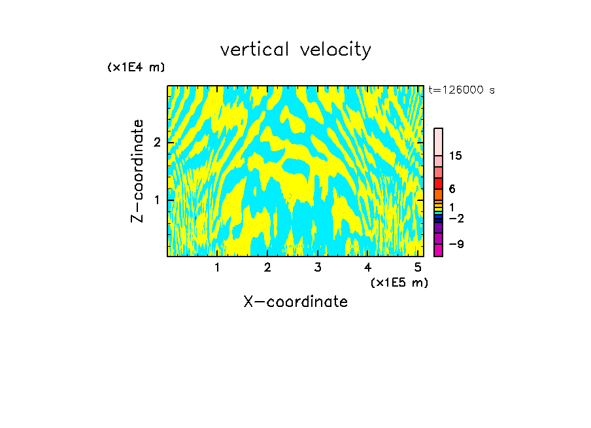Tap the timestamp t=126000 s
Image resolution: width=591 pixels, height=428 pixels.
(x=461, y=90)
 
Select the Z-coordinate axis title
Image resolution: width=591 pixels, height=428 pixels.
(x=137, y=171)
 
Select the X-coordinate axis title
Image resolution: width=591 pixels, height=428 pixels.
(x=295, y=302)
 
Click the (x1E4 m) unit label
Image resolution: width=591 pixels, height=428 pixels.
(x=136, y=67)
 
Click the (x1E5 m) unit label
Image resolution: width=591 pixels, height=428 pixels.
(x=399, y=282)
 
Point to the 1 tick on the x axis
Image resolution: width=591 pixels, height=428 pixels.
(x=217, y=268)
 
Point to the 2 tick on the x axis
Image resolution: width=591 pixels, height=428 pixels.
(x=267, y=268)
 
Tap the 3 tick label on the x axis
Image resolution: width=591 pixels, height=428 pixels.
(x=318, y=268)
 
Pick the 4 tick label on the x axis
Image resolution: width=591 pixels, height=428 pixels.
(x=367, y=268)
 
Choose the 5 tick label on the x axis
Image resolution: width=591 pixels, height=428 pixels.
(x=418, y=268)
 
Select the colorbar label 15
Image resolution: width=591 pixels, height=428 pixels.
(x=456, y=156)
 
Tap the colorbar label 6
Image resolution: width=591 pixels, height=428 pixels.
(x=452, y=188)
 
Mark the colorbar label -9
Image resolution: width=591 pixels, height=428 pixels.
(x=456, y=244)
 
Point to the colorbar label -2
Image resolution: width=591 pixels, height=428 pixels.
(x=456, y=219)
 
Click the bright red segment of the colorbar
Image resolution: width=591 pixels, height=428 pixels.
(x=438, y=184)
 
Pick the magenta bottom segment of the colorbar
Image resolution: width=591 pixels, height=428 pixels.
(x=438, y=250)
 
